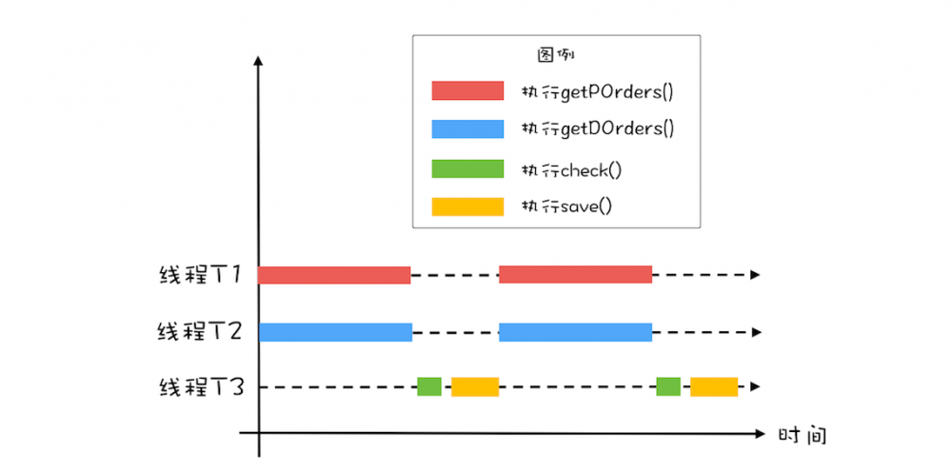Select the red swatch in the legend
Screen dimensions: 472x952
point(467,91)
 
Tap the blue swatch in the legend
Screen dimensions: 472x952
point(467,128)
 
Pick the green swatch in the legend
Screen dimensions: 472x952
point(467,168)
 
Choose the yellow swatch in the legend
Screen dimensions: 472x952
point(467,206)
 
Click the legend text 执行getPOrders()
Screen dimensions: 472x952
point(597,92)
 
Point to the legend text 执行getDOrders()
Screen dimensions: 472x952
point(597,129)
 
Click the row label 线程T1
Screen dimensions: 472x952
point(201,275)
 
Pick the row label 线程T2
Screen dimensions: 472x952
point(201,332)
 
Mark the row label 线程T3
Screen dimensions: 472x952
point(201,387)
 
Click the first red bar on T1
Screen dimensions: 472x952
point(334,275)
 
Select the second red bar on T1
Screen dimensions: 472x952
point(575,275)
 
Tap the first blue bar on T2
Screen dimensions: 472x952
point(335,332)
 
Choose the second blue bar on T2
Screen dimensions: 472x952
point(575,332)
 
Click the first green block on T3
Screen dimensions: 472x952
point(429,386)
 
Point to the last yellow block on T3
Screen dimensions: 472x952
point(714,386)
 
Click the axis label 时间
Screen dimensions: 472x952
point(802,436)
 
